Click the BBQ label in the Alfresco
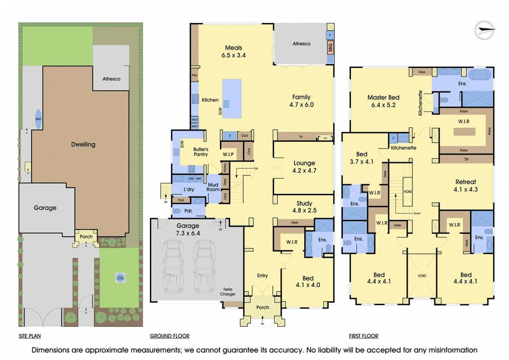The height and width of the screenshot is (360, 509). (330, 47)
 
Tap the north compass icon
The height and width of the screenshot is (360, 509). (484, 31)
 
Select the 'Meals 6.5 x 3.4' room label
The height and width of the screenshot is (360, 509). (234, 51)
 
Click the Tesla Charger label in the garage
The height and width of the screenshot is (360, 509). (228, 292)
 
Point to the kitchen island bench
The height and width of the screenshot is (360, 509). (232, 99)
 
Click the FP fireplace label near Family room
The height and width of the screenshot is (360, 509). (325, 138)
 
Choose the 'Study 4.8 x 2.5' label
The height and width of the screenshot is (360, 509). (304, 207)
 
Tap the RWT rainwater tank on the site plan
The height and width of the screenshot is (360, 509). (38, 119)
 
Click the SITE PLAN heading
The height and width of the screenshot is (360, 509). (30, 336)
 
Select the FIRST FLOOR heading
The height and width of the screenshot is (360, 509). (363, 336)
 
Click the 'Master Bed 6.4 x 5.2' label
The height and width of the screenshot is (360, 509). (383, 101)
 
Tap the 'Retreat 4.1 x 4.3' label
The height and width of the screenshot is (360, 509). (466, 185)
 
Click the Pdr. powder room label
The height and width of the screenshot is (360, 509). (188, 211)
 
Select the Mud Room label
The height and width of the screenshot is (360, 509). (213, 187)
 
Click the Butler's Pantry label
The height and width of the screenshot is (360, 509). (201, 152)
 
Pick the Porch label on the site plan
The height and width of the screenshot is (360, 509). (86, 237)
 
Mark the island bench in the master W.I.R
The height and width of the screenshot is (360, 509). (464, 131)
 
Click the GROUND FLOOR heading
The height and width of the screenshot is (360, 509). (170, 336)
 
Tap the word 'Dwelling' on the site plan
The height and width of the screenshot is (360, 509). (83, 144)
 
